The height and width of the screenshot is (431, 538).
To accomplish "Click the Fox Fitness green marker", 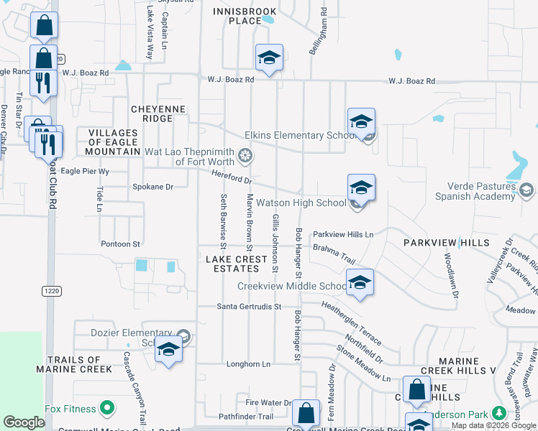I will [108, 409].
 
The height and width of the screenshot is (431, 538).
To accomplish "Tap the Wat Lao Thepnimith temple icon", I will [245, 155].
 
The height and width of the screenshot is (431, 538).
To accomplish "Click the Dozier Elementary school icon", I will [168, 349].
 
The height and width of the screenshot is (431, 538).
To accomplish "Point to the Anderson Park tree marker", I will [499, 414].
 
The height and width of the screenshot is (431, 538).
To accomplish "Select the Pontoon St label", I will [120, 244].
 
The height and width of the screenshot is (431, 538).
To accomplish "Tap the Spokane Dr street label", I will [153, 187].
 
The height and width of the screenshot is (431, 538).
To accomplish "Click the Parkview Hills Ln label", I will [343, 234].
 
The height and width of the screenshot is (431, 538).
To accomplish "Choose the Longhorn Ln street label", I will [248, 363].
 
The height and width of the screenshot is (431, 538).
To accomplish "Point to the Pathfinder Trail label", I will [246, 416].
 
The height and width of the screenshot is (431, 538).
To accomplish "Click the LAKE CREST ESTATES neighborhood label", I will [232, 263].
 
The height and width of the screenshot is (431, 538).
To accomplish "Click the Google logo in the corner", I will [24, 422].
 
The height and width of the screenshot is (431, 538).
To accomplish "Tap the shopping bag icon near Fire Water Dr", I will [306, 413].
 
